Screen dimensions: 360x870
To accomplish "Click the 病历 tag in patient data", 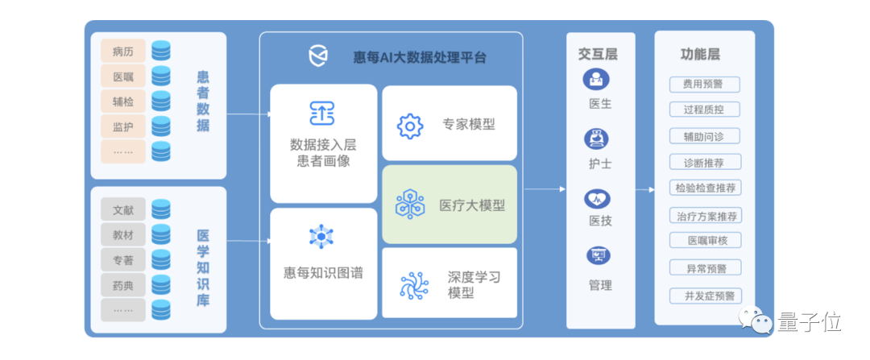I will point(123,52).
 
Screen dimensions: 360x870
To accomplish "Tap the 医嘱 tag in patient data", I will point(123,77).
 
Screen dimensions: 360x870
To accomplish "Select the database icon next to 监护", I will point(161,126).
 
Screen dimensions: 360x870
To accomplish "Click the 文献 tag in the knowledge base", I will point(123,209).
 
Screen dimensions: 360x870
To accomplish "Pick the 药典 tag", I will point(123,285).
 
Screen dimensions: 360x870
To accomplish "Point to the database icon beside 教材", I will point(161,234).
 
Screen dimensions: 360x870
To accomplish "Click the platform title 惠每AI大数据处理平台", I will point(420,57).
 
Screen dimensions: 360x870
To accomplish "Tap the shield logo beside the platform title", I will point(319,56).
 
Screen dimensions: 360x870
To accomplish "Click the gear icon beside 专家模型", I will point(410,126).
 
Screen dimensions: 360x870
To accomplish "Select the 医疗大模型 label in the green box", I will point(472,205).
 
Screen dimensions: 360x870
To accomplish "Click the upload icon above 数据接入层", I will point(321,113).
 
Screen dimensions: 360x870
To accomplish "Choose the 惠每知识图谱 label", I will point(323,273).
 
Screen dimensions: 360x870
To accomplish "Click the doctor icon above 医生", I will point(597,80).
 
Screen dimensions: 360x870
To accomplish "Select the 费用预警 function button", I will point(704,85).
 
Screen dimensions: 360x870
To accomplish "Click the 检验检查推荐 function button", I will point(705,188).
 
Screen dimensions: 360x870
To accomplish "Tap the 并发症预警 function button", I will point(705,296).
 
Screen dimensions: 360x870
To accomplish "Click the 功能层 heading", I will point(701,55).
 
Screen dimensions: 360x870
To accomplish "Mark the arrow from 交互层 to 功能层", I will point(645,190).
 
